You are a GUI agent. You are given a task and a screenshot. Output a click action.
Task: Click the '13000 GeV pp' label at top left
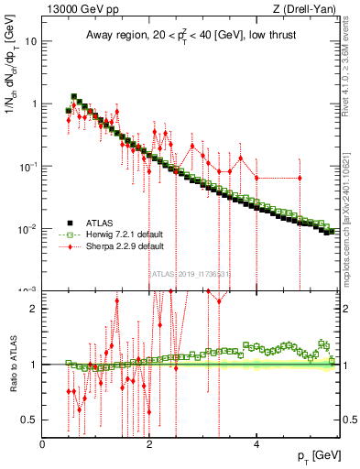click(x=74, y=9)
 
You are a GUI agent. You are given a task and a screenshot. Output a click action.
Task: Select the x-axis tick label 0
click(x=43, y=444)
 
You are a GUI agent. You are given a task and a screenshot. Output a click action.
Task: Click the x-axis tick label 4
click(x=256, y=444)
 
